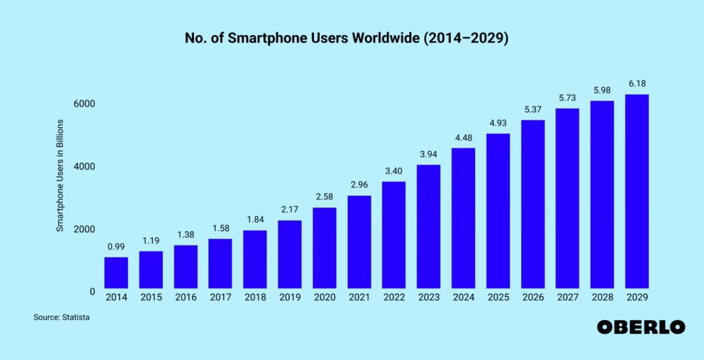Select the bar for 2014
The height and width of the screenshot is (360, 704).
click(116, 273)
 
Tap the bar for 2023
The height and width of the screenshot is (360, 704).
click(428, 227)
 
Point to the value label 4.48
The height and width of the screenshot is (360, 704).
click(463, 137)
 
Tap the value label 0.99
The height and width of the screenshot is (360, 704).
click(116, 247)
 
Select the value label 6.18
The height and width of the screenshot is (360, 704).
click(637, 84)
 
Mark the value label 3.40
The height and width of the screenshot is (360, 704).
click(394, 171)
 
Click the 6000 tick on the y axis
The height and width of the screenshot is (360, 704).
click(84, 104)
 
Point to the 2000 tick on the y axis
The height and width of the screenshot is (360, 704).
click(84, 229)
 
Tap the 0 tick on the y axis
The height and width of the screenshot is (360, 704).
click(92, 291)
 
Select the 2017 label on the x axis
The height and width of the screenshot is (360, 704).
click(220, 297)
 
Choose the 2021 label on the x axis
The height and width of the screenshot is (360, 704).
click(359, 297)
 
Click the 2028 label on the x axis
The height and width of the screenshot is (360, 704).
click(602, 297)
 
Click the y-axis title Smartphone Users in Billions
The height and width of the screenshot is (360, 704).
click(60, 175)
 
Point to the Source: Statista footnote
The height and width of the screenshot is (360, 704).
click(62, 318)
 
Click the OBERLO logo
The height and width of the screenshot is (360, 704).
click(641, 327)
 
